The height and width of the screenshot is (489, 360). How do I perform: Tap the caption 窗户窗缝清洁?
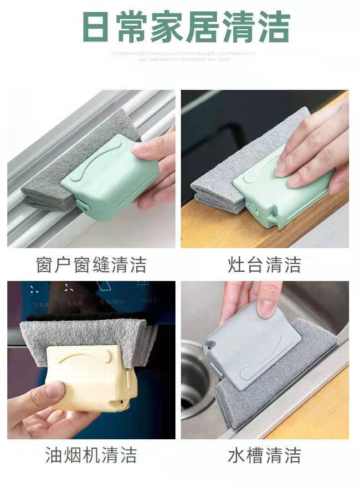(x=91, y=265)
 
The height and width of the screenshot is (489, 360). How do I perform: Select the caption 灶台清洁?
(x=265, y=265)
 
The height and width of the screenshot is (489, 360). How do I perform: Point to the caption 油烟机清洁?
(x=91, y=455)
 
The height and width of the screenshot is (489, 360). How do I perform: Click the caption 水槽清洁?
(x=265, y=455)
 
